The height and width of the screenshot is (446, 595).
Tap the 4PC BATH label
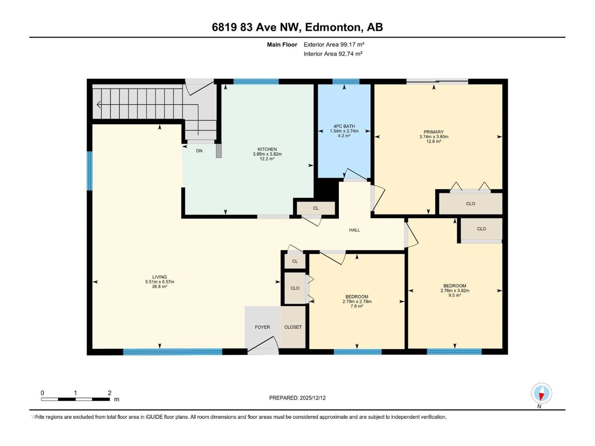tap(344, 126)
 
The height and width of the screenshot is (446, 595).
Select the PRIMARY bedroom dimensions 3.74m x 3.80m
tap(434, 137)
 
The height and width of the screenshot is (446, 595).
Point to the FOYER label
tap(262, 327)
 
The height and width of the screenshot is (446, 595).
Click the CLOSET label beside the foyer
tap(293, 327)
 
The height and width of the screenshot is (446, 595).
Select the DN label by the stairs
tap(199, 151)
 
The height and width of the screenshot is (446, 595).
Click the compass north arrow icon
tap(542, 393)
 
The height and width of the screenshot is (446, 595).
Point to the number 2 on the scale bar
tap(110, 393)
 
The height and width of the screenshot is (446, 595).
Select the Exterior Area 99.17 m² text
tap(334, 45)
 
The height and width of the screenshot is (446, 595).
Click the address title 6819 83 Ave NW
tap(297, 27)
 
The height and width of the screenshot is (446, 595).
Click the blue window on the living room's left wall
tap(89, 171)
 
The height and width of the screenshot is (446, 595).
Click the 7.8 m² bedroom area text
tap(357, 306)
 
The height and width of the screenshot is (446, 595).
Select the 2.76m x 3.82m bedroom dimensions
tap(455, 291)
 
